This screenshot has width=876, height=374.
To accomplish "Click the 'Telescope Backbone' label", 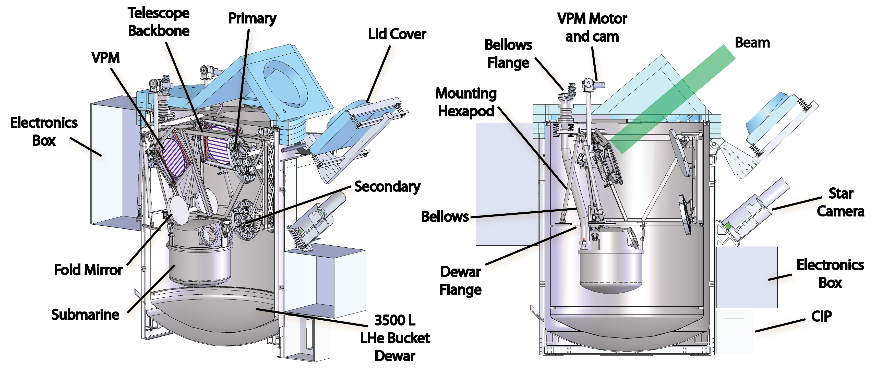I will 159,22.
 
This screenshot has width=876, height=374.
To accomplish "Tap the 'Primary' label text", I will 252,18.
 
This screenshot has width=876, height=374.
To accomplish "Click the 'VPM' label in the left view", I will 105,58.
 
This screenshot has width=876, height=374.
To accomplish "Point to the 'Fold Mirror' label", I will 88,270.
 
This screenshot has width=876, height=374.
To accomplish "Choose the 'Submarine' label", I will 85,315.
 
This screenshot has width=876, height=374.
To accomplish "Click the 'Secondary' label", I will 387,186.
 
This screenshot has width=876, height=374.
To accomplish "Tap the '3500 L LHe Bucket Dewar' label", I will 394,338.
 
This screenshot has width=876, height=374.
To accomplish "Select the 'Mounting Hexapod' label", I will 466,102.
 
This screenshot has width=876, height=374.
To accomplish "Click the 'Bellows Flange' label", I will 508,54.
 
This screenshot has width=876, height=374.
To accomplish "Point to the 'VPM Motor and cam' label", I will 592,28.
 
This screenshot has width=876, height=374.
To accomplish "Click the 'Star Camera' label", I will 840,202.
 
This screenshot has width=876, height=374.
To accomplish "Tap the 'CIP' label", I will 821,316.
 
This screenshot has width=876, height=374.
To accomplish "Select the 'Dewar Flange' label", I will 460,281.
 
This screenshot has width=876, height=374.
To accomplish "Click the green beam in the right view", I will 673,99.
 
